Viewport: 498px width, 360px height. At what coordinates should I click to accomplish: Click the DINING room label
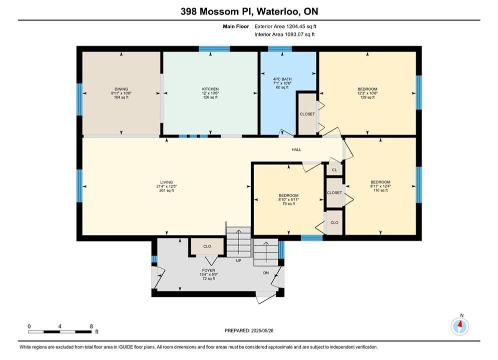121,89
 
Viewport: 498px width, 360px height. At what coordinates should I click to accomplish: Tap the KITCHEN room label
210,89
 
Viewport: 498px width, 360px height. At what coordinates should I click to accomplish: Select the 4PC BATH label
282,79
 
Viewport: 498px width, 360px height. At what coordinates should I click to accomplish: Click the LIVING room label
167,182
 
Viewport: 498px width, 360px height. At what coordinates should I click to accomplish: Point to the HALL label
296,149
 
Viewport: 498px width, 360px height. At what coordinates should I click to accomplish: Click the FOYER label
209,270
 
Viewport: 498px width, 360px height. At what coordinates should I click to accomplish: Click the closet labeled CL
334,169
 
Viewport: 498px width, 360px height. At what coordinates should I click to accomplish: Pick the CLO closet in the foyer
207,246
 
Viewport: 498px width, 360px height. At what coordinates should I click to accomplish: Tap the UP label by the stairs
239,260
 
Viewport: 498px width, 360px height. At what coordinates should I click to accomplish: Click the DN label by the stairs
266,273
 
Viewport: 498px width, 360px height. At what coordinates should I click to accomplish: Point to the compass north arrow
459,324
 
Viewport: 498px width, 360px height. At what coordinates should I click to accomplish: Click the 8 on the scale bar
92,326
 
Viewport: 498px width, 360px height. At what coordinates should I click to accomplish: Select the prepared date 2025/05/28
262,330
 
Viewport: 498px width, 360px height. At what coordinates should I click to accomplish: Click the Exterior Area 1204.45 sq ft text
285,26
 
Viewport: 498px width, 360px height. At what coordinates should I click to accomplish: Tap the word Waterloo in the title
277,11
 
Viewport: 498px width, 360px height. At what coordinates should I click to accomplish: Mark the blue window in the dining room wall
80,99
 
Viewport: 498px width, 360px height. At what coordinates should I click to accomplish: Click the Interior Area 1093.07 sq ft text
285,34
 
